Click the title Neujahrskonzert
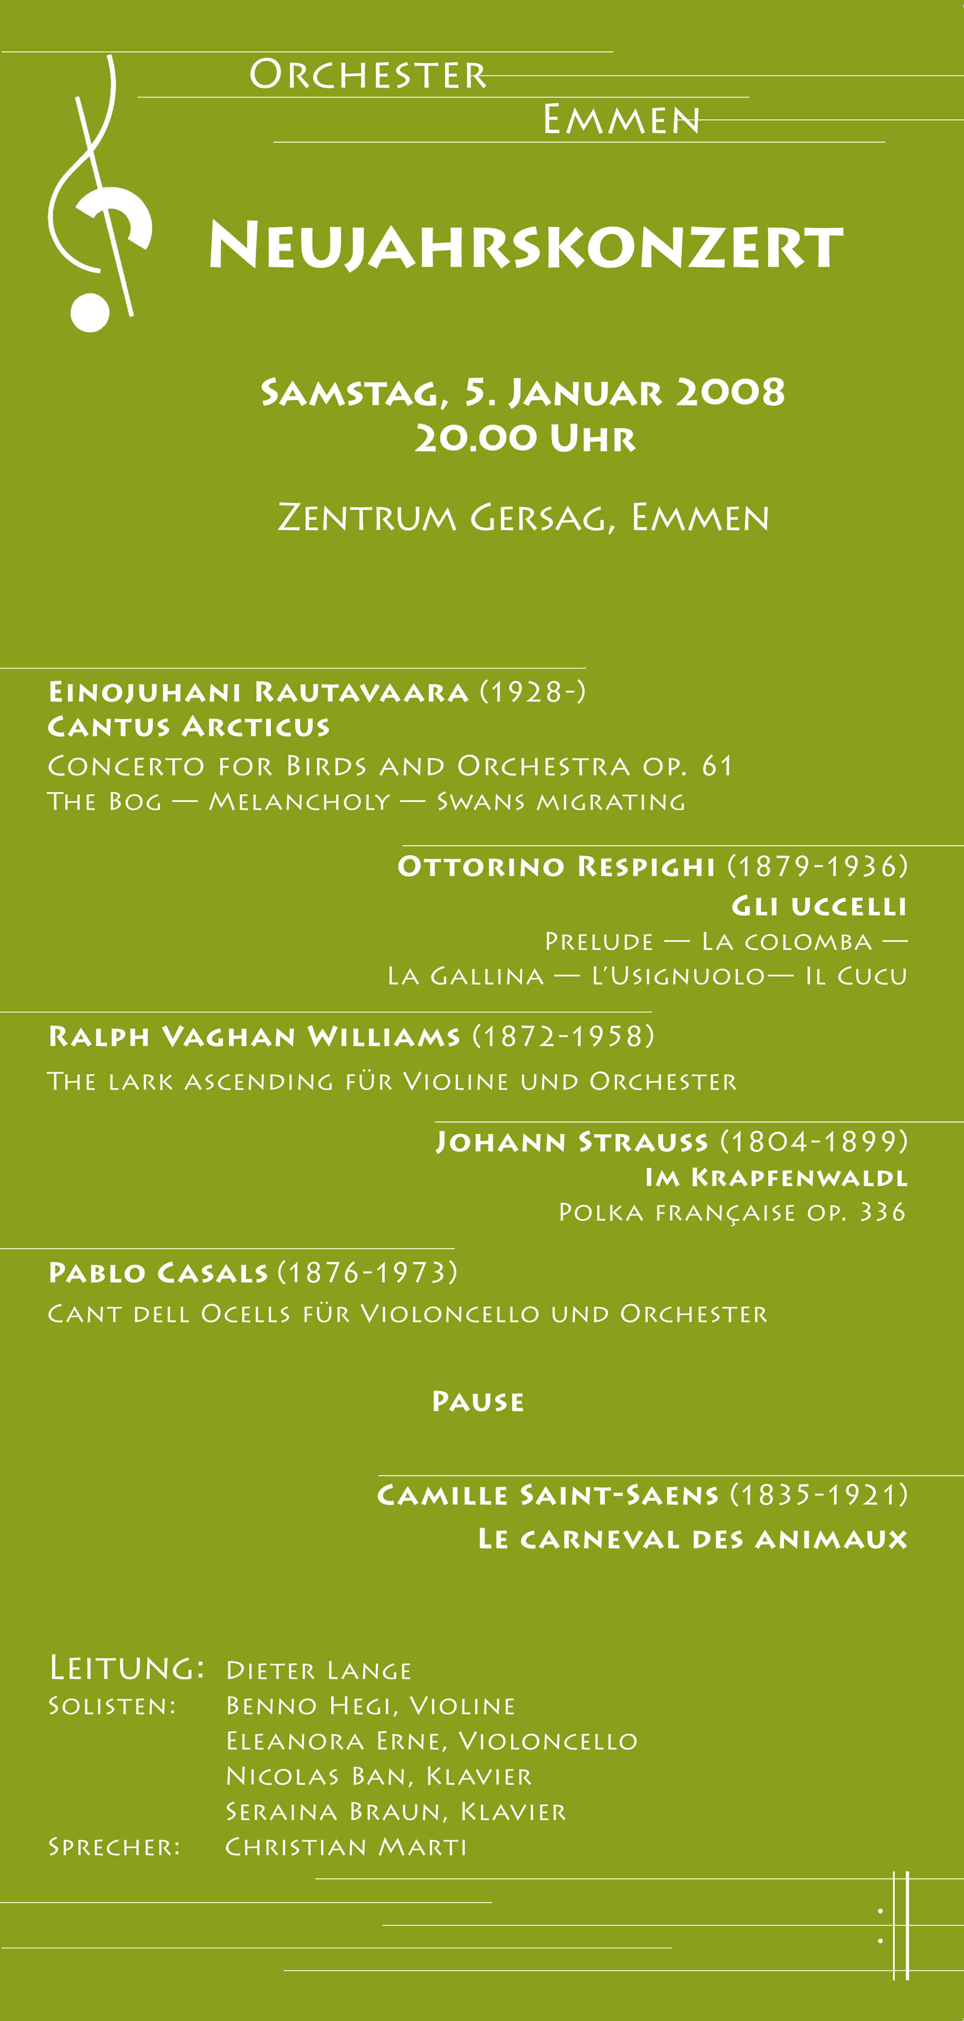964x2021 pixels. [525, 246]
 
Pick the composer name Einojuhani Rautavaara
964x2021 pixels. [258, 692]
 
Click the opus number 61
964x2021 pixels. [717, 766]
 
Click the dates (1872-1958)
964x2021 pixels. [563, 1036]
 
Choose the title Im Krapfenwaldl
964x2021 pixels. [776, 1177]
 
